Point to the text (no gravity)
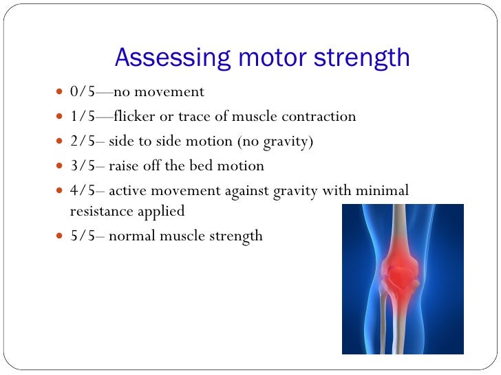pyautogui.click(x=275, y=141)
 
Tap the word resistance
pyautogui.click(x=100, y=212)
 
